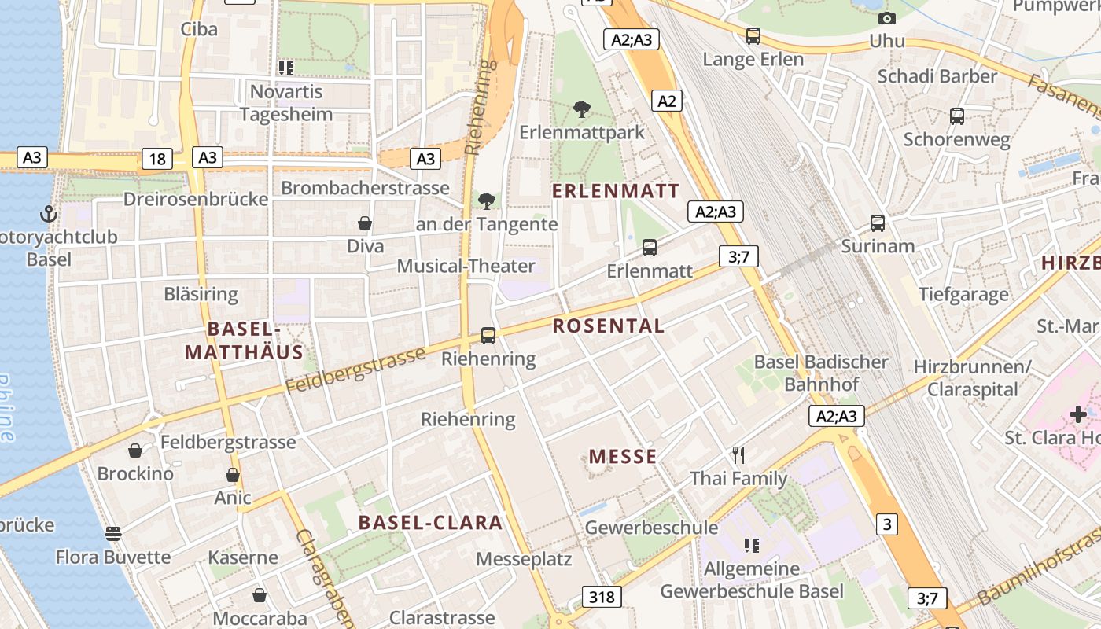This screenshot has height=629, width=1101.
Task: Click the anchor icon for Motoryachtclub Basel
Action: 49,214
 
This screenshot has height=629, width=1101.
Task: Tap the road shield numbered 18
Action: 157,159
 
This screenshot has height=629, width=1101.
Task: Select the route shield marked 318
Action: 602,597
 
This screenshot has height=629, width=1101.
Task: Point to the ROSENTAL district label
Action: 609,326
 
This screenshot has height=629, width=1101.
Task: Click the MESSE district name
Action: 623,457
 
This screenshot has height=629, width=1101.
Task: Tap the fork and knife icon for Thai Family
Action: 738,455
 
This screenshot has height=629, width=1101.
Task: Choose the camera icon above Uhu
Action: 886,18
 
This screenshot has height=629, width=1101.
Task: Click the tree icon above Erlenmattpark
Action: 582,109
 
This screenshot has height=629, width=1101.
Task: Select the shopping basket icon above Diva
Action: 365,223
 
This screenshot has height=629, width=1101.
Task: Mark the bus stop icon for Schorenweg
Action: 956,116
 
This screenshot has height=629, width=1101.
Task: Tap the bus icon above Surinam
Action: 878,223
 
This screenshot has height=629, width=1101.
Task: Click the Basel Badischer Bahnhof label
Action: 821,373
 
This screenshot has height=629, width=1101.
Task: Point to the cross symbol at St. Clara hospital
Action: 1077,414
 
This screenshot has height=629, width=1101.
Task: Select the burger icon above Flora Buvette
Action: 113,534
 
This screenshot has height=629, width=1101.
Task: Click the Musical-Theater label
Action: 466,267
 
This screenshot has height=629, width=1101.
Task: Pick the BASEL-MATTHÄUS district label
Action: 244,340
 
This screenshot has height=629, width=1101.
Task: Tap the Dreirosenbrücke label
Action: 196,199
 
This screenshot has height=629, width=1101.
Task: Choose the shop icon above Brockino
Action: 135,451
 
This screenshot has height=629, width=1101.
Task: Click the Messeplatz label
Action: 524,559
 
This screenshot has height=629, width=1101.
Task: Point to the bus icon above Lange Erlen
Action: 753,36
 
